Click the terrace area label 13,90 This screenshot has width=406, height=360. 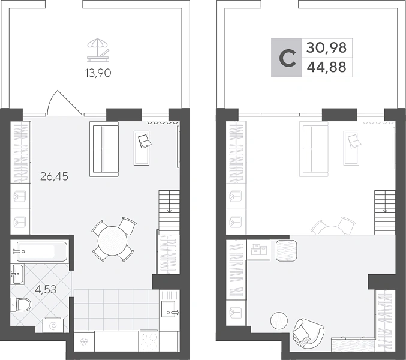click(98, 73)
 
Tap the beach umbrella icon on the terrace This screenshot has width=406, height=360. click(98, 50)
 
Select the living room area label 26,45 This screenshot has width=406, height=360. click(54, 176)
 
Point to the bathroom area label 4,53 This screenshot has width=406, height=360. click(46, 289)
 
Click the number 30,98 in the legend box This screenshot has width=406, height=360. click(326, 48)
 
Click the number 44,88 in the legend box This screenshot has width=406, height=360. click(326, 67)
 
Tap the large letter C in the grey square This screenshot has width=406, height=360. click(287, 58)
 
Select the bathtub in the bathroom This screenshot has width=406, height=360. click(42, 251)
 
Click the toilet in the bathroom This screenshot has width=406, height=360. click(20, 304)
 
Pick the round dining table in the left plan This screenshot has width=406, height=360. click(112, 241)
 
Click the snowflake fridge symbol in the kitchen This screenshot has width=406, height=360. click(84, 342)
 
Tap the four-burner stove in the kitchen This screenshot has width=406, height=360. click(148, 341)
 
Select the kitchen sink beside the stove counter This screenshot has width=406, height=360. click(170, 309)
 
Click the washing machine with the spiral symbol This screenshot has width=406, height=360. click(53, 325)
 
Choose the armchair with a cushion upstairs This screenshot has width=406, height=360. click(308, 334)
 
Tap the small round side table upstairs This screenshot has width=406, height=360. click(279, 320)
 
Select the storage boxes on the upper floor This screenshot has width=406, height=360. click(259, 249)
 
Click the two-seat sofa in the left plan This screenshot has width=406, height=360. click(104, 149)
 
